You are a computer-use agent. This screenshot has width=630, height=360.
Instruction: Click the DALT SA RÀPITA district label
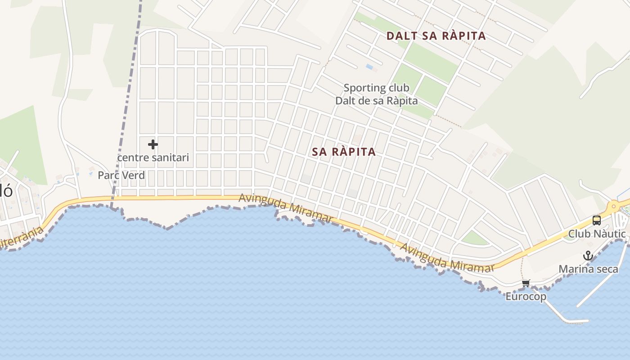coord(436,36)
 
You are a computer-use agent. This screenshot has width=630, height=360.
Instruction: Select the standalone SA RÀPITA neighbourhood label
coord(344,152)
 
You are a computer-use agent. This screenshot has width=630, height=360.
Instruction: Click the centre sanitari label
coord(153,158)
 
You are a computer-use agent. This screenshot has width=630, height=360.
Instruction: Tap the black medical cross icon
coord(153,144)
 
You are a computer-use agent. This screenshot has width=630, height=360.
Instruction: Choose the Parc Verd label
coord(121,175)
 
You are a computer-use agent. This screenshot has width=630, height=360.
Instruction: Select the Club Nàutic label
coord(597,234)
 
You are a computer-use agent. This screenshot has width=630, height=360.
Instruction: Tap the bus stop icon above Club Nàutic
coord(596,220)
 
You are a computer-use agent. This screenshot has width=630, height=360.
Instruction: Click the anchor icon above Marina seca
coord(588,256)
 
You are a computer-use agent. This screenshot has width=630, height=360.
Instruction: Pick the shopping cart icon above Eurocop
coord(526,283)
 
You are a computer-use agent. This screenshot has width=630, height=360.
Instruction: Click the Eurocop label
coord(526,297)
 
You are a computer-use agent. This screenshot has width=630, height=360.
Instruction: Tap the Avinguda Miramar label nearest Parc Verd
coord(286,207)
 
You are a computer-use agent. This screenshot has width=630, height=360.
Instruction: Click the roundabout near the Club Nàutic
coord(613,207)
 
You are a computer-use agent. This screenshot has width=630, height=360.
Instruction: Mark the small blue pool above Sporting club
coord(369,67)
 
